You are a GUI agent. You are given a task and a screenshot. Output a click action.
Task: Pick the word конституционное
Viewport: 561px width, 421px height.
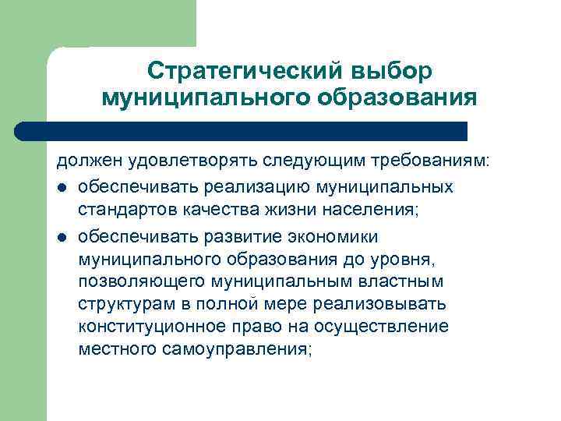tap(153, 326)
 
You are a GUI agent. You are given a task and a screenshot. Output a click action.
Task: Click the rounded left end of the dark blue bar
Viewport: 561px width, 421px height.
tap(23, 131)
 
